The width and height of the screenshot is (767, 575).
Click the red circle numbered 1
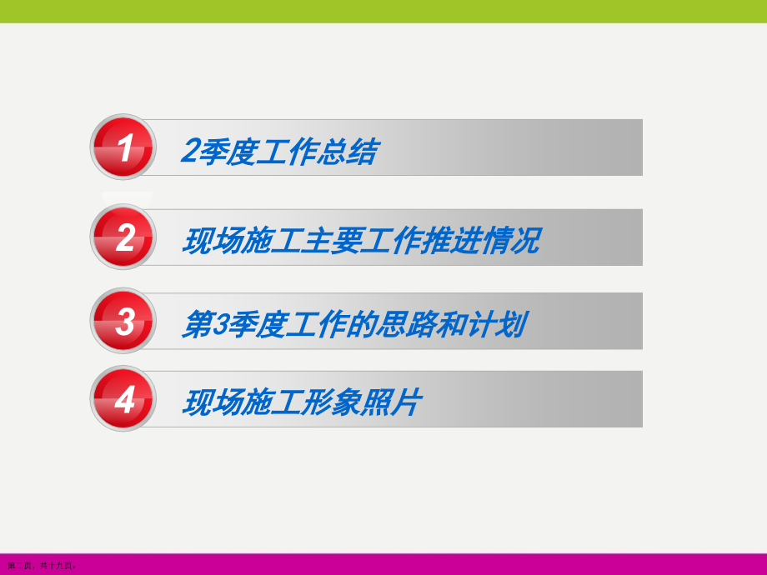[123, 148]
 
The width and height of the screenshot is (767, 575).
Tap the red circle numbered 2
[123, 237]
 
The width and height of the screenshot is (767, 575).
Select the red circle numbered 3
[123, 322]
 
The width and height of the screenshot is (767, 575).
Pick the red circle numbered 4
[123, 401]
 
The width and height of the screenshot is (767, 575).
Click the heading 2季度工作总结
[279, 152]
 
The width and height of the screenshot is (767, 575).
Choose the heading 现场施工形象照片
[302, 403]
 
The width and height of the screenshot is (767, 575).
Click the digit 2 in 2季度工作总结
[189, 152]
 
